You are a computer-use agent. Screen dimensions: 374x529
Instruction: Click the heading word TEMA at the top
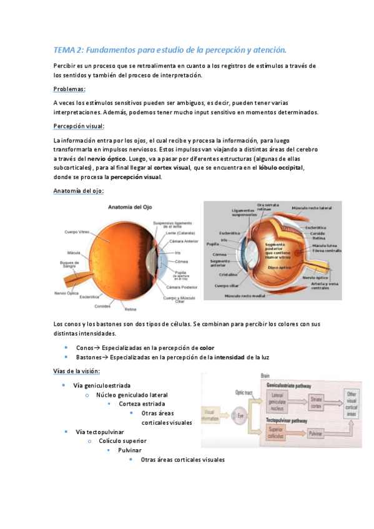pos(64,49)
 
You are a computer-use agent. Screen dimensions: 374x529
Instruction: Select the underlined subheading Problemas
pos(69,89)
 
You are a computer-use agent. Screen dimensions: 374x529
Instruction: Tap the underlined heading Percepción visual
pos(79,126)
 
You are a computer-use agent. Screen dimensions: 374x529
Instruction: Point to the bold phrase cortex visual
pos(171,168)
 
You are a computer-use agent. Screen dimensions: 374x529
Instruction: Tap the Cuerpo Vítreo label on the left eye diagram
pos(77,232)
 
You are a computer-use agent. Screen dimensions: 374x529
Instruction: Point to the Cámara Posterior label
pos(182,286)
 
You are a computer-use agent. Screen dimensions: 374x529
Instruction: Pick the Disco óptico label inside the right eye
pos(279,267)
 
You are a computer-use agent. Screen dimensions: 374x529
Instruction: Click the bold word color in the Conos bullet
pos(207,347)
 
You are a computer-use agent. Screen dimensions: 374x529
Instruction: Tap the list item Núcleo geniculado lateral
pos(132,395)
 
